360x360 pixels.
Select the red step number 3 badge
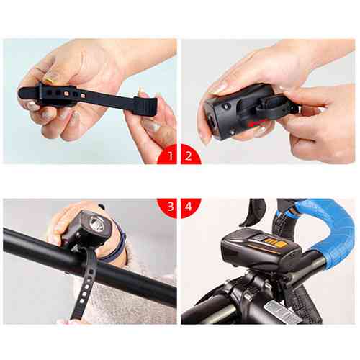point(168,207)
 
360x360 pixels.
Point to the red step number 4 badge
point(189,207)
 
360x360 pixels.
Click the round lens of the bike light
point(96,223)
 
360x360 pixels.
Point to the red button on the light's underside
point(255,124)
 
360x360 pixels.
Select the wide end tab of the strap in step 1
point(146,107)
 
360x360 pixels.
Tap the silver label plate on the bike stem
point(281,312)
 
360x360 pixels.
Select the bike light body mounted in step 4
point(261,251)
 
